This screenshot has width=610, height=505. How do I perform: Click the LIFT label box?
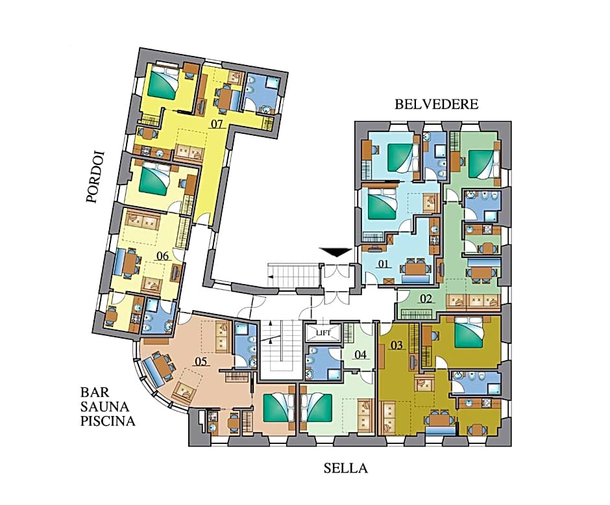tap(323, 333)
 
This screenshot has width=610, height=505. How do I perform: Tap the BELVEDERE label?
tap(437, 105)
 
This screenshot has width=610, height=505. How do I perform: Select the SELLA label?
tap(346, 468)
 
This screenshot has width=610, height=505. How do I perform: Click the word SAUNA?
tap(104, 407)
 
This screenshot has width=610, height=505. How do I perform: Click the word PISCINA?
tap(108, 421)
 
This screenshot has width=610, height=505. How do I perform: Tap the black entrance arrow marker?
tap(335, 252)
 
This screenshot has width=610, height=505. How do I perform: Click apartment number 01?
tap(384, 264)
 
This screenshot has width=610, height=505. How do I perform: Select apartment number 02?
tap(426, 299)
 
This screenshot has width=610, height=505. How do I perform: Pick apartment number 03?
tap(396, 345)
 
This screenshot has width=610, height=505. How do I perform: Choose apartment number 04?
tap(361, 355)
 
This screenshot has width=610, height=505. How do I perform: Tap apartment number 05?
tap(201, 361)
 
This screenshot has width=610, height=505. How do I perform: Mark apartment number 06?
tap(163, 256)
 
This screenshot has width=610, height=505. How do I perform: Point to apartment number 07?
tap(216, 124)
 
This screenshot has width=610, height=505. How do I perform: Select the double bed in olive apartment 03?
tap(469, 332)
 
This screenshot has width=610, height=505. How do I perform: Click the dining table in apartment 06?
tap(128, 263)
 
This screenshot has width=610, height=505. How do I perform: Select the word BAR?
tap(92, 393)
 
